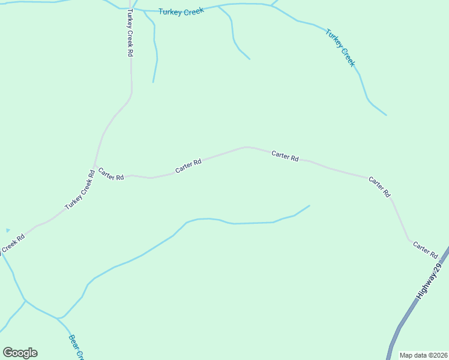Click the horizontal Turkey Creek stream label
click(181, 11)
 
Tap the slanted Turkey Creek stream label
click(340, 47)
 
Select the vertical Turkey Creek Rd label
click(129, 34)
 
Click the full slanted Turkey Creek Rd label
click(80, 190)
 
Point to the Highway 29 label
click(430, 281)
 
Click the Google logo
click(20, 353)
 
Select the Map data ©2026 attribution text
click(423, 355)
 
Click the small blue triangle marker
click(8, 230)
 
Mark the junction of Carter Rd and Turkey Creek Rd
click(94, 164)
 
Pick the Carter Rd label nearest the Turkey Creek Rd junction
click(111, 174)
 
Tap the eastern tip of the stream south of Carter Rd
click(309, 206)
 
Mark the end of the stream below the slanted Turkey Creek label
click(386, 115)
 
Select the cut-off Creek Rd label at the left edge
click(12, 244)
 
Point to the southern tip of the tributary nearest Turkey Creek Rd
click(153, 82)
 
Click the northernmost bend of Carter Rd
click(246, 146)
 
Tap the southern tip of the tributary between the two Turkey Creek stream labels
click(250, 59)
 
